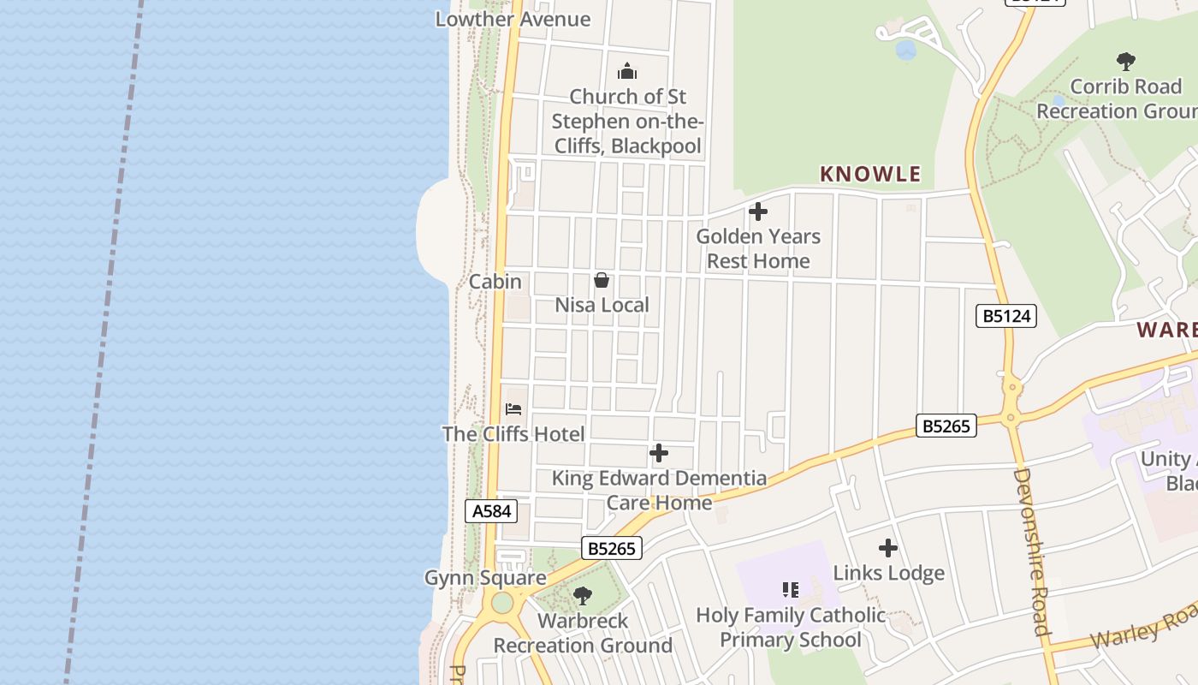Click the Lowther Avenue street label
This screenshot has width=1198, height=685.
click(513, 19)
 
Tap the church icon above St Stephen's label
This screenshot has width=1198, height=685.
click(627, 71)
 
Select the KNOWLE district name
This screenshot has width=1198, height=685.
click(870, 174)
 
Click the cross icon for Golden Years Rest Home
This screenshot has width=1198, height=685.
click(757, 211)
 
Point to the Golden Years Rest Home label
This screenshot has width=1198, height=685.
click(758, 248)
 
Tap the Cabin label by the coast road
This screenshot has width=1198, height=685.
click(495, 281)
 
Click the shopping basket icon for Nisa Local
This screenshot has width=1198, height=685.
click(602, 280)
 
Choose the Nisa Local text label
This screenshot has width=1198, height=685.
click(602, 305)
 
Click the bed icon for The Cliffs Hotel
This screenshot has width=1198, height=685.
click(513, 408)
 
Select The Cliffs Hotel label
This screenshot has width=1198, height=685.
click(513, 434)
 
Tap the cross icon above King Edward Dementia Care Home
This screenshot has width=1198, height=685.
click(658, 453)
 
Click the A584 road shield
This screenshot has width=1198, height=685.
click(492, 511)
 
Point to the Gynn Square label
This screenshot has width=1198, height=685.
click(485, 578)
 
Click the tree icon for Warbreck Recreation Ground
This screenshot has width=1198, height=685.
click(583, 595)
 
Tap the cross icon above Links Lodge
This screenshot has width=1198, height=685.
click(888, 548)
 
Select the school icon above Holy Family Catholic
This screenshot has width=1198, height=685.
click(790, 589)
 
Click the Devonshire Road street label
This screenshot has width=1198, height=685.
click(1031, 551)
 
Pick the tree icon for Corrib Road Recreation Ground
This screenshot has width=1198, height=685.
click(1125, 62)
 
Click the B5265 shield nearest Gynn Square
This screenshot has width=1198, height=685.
click(612, 548)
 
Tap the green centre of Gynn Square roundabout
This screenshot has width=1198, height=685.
click(502, 603)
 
